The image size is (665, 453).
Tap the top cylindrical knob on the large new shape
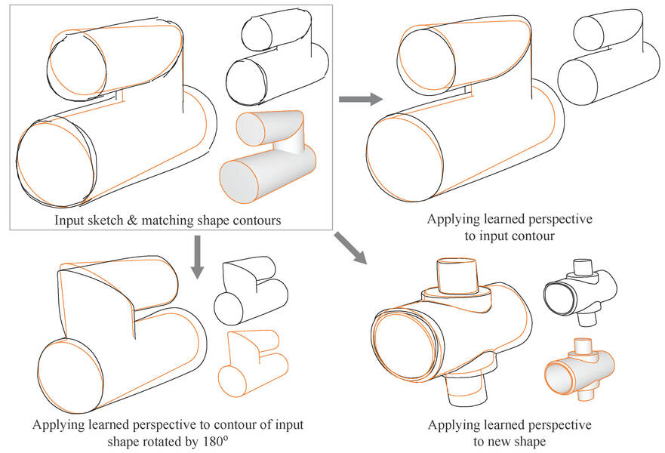coord(458,274)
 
